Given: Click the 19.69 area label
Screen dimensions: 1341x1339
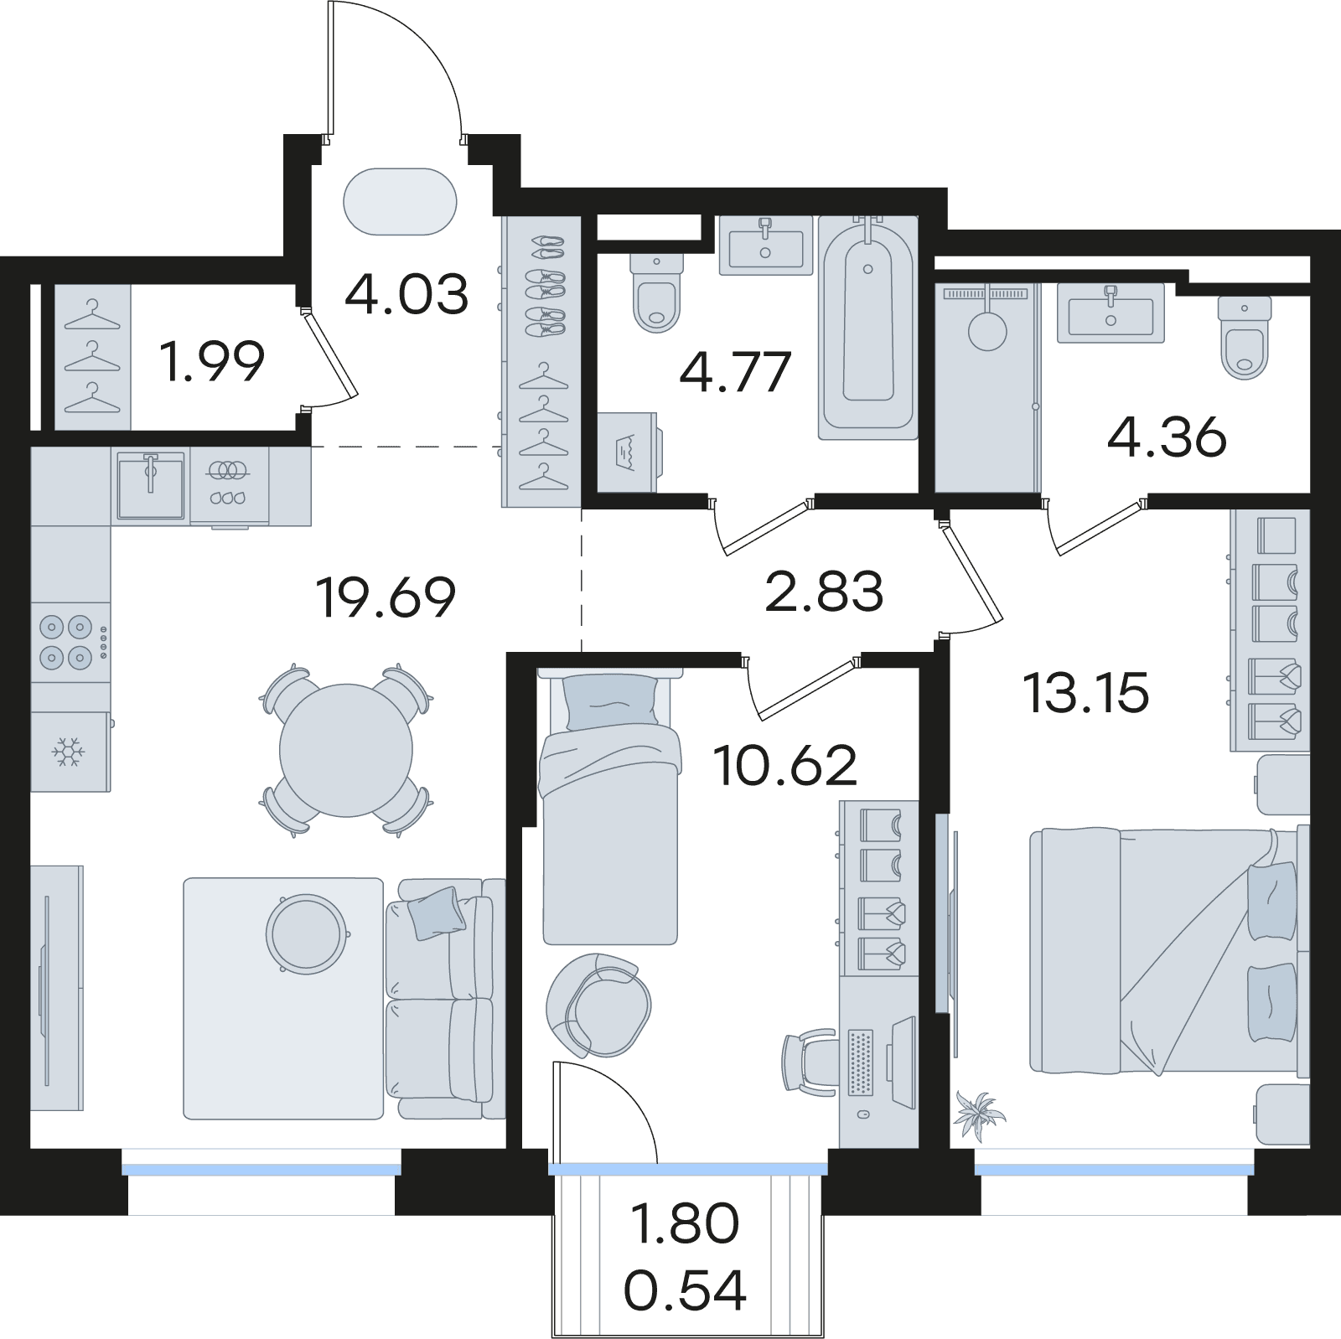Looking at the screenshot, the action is pos(386,597).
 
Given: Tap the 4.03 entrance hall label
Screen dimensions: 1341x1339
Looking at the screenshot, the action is pos(406,294).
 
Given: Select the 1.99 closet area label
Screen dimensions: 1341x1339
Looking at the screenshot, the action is pos(212,361).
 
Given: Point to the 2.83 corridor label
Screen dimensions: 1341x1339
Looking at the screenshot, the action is pos(824,592).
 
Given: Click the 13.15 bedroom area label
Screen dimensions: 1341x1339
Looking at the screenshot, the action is pos(1086,694).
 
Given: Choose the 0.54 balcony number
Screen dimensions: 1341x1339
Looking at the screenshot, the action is pos(685,1290).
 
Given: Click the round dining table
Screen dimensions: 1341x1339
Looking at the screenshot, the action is pos(346,750).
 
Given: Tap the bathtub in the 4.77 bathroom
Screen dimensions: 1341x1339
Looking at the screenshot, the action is pos(868,328).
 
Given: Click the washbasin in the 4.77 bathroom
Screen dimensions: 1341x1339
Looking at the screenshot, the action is pos(766,245).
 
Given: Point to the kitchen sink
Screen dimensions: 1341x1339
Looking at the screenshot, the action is pos(151,486).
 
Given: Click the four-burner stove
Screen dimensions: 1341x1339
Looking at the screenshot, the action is pos(70,642).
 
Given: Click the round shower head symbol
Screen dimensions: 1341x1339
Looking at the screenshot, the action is pos(987,330).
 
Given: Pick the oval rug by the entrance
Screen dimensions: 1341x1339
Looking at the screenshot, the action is pos(400,202).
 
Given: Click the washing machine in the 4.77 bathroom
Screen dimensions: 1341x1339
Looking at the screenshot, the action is pos(629,452).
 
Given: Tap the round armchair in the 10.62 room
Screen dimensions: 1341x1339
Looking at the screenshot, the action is pos(598,1005).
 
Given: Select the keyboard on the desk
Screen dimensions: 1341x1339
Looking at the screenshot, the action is pos(861,1062).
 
